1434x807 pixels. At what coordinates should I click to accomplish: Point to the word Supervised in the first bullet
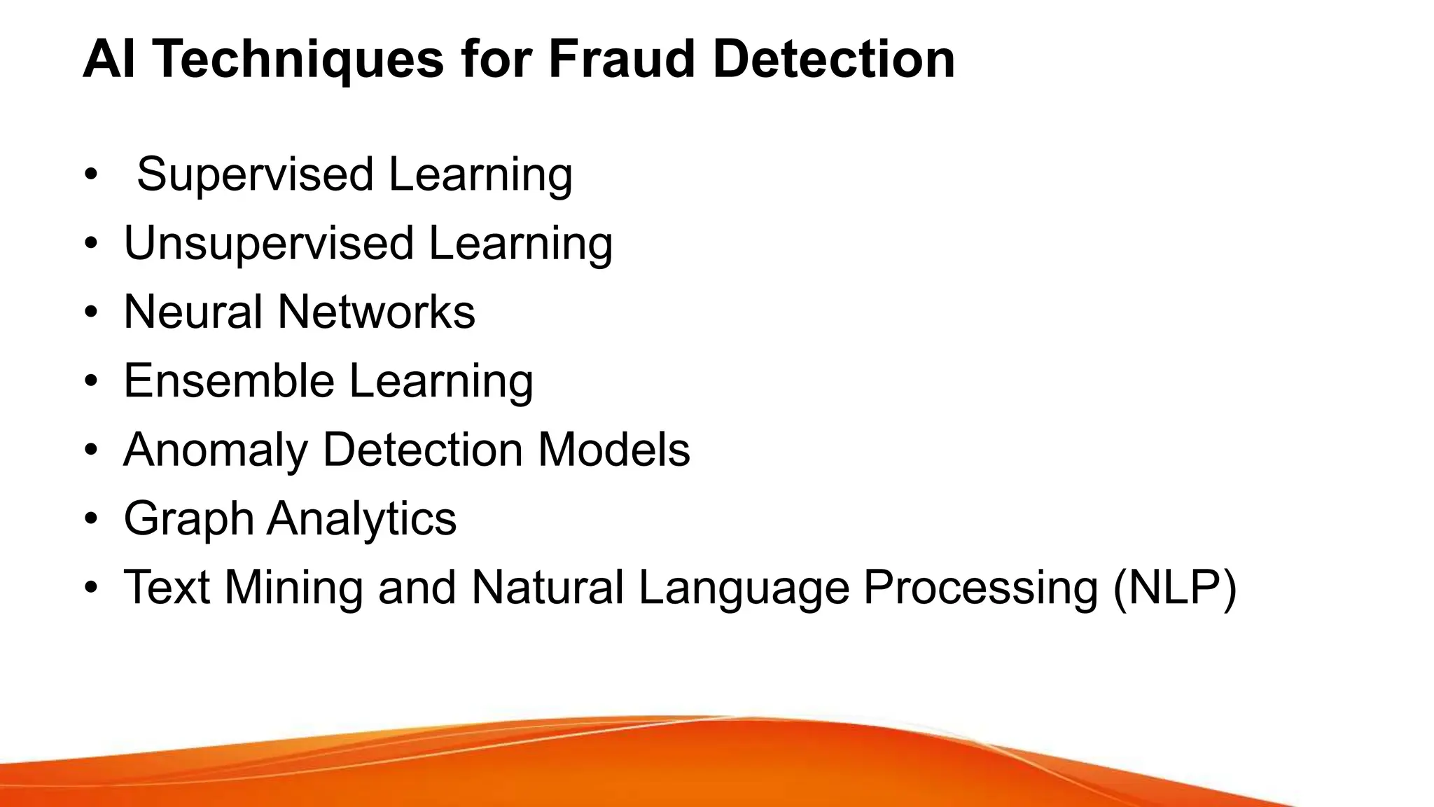click(x=255, y=175)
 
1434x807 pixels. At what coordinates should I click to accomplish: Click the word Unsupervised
click(x=269, y=244)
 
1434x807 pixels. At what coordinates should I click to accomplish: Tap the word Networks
click(x=377, y=312)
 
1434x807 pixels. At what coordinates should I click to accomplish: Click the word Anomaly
click(x=216, y=450)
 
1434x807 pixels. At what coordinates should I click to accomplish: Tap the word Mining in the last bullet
click(x=293, y=587)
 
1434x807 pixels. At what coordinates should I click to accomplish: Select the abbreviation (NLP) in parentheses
click(x=1175, y=588)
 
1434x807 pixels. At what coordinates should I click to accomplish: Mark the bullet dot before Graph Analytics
click(x=90, y=520)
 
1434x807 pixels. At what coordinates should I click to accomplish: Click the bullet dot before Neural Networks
click(x=90, y=312)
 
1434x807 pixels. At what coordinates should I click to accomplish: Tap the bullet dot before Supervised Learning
click(x=90, y=175)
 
